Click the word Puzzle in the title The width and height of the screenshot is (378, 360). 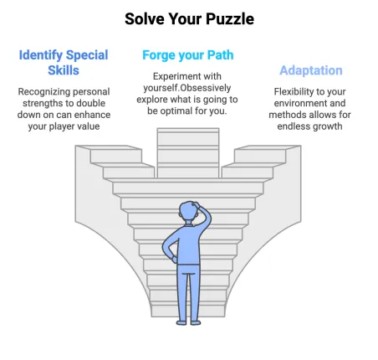[x=230, y=19]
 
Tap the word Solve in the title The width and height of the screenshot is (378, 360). [x=145, y=19]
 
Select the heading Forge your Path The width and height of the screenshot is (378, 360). [x=188, y=55]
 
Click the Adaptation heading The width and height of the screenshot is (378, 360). [x=311, y=70]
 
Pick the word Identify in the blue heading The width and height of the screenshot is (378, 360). [x=41, y=55]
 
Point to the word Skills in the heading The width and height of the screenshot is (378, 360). [x=64, y=70]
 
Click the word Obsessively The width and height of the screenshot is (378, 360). [x=205, y=88]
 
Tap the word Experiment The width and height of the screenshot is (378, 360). [x=173, y=76]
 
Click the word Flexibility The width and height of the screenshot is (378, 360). [x=294, y=91]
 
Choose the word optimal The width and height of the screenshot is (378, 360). [x=176, y=111]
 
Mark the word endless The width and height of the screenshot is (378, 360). [x=293, y=126]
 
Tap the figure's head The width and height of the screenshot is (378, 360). [x=188, y=213]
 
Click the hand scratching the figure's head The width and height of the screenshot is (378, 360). [x=196, y=205]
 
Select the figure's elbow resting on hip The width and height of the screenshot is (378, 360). [x=166, y=247]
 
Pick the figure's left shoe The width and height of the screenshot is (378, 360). [x=181, y=322]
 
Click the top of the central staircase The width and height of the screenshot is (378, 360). [x=188, y=130]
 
